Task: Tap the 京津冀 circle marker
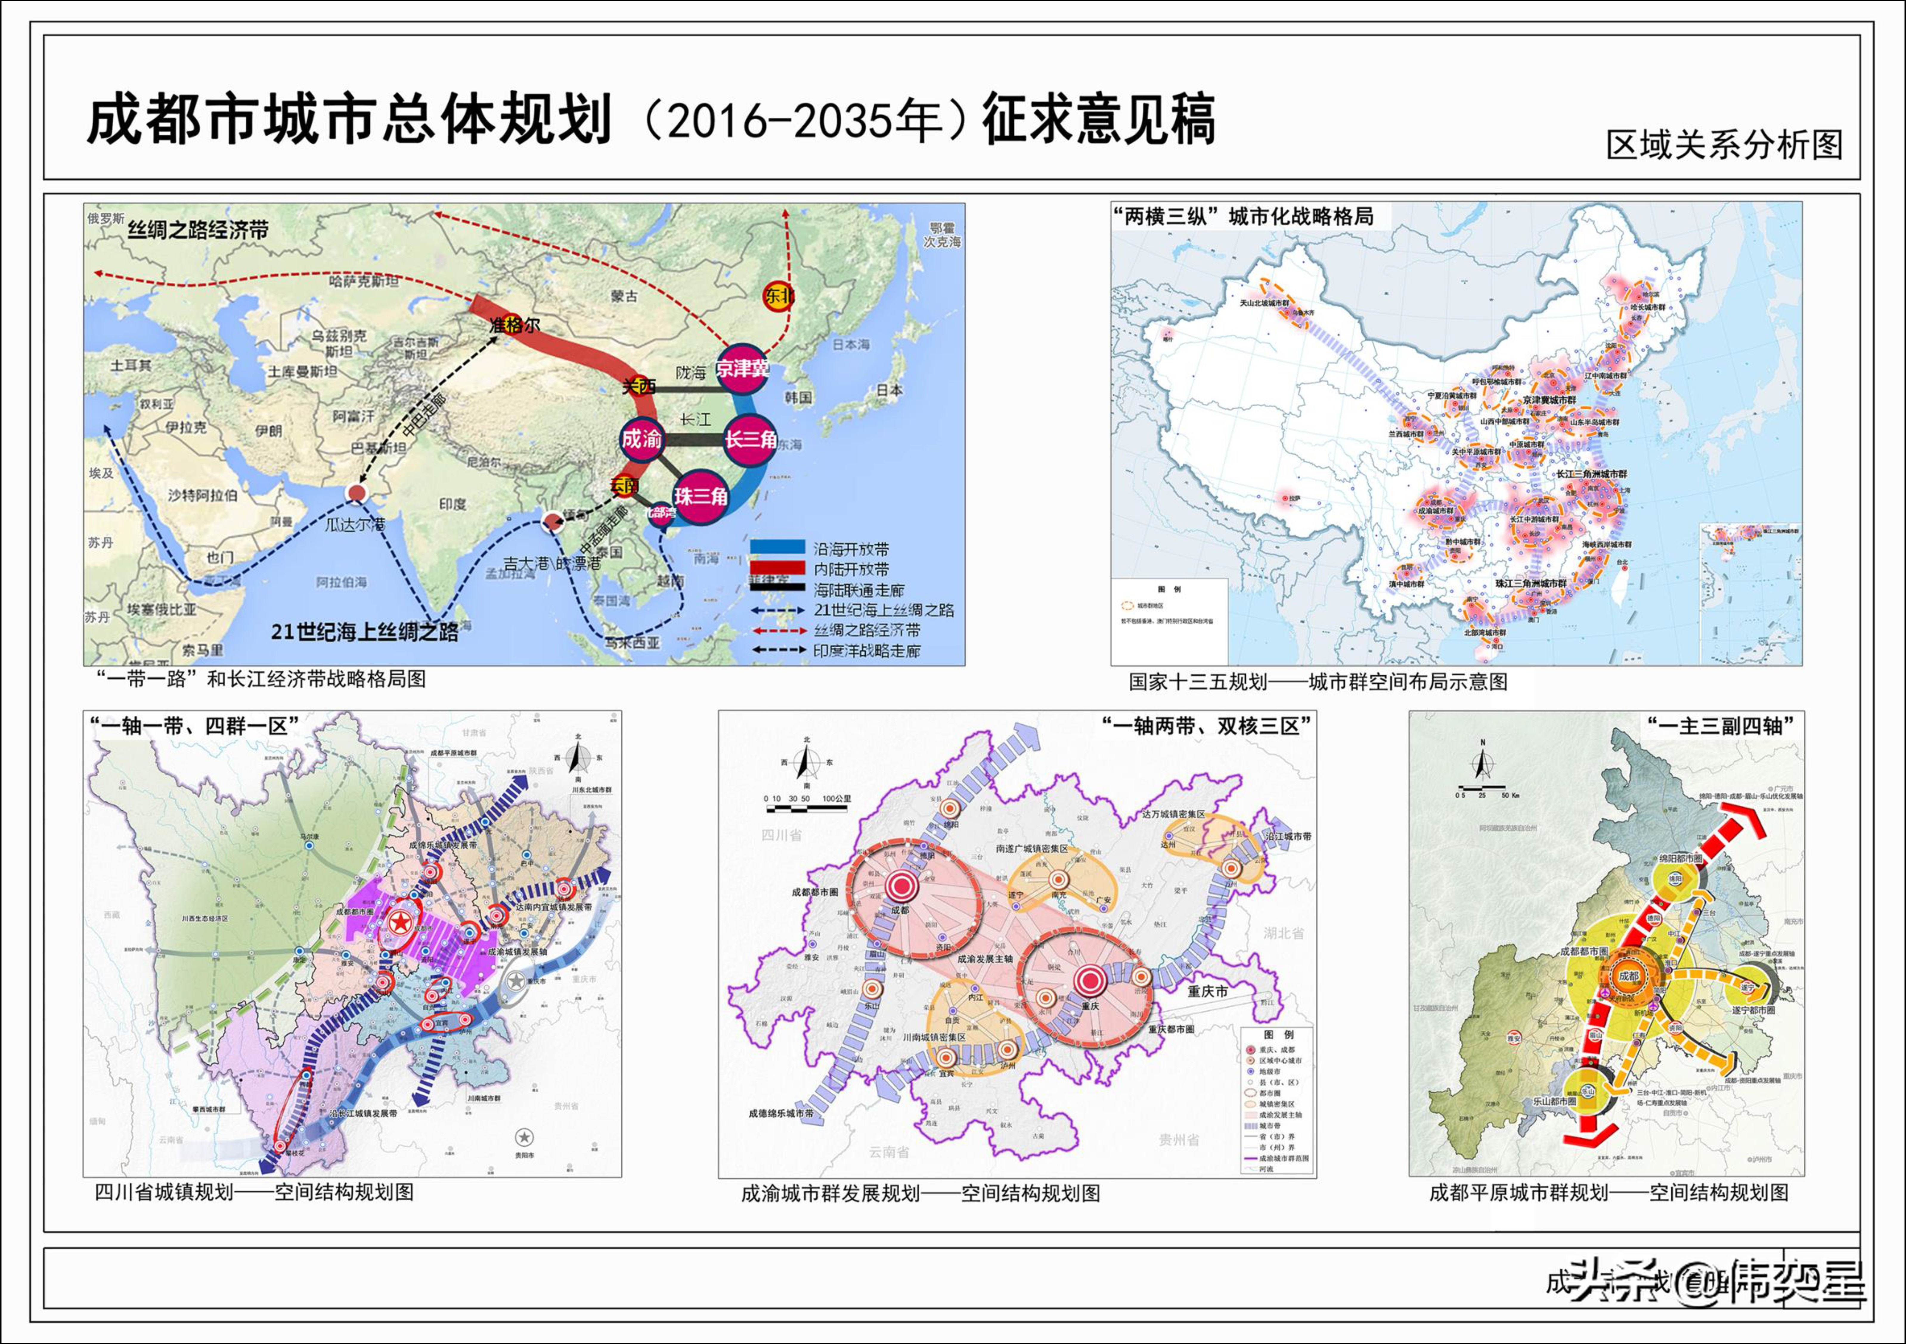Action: click(742, 368)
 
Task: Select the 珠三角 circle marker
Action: click(701, 496)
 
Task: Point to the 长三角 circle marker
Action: click(750, 439)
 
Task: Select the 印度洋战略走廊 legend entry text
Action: click(867, 651)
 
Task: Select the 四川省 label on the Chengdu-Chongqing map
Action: click(781, 835)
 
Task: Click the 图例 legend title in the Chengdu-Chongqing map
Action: click(1279, 1035)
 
